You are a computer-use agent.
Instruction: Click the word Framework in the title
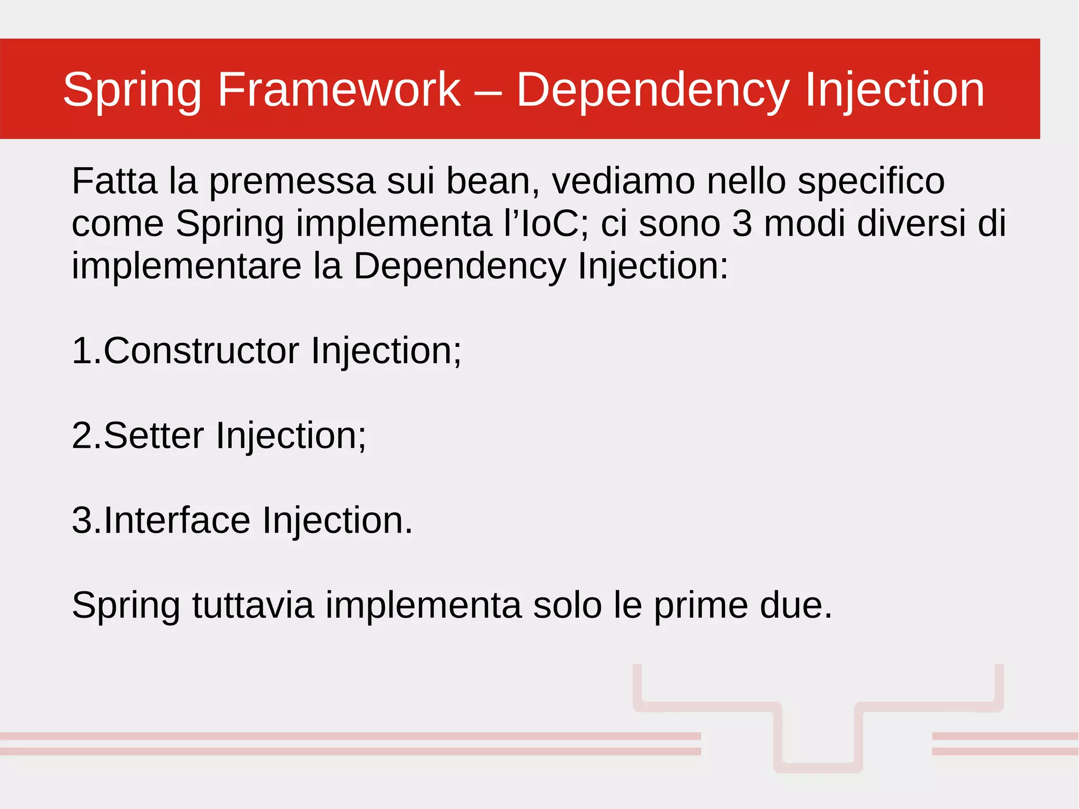[x=339, y=90]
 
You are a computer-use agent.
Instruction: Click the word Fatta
[x=114, y=181]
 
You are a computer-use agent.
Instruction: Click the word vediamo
[x=623, y=181]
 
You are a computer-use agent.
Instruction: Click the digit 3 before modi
[x=742, y=223]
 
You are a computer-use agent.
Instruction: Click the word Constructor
[x=201, y=351]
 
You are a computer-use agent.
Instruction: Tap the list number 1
[x=82, y=351]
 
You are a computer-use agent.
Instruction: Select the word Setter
[x=153, y=436]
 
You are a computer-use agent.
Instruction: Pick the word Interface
[x=177, y=521]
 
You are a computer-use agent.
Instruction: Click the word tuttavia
[x=253, y=605]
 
